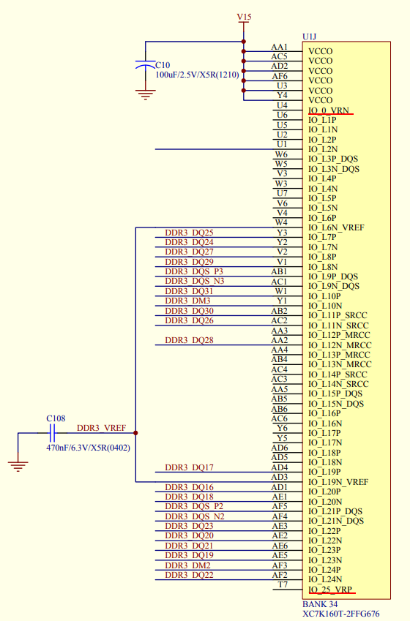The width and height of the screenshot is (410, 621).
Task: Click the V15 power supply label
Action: click(244, 17)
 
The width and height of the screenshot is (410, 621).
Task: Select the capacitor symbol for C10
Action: click(145, 65)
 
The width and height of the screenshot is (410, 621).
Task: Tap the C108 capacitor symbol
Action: click(52, 433)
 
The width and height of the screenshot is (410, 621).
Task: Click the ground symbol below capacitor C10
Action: click(145, 94)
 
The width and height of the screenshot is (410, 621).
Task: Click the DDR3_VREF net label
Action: click(101, 428)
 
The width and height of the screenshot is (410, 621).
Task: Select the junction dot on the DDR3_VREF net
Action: click(135, 433)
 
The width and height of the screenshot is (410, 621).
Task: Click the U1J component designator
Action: click(309, 37)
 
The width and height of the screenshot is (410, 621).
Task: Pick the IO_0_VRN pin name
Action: click(329, 110)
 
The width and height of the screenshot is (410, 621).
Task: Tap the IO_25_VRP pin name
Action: click(330, 590)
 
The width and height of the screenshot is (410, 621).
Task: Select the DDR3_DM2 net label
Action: click(187, 565)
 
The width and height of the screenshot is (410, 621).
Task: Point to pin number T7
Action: click(283, 584)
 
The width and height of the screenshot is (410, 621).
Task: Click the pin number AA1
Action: click(280, 47)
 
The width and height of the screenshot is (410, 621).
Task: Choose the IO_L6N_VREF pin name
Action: click(336, 227)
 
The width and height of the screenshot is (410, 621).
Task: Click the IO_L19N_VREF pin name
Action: click(338, 482)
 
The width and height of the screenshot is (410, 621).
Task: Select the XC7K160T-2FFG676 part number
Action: click(341, 614)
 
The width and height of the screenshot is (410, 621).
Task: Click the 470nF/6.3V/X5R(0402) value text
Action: click(88, 448)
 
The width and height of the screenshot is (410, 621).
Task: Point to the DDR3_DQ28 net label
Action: click(189, 340)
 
